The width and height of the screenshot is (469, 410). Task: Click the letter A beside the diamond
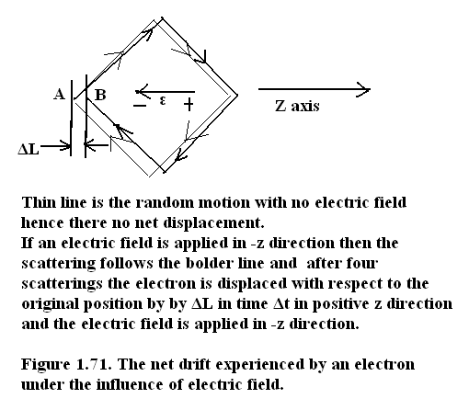coord(60,94)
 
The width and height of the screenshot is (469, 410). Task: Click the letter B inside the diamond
coord(100,95)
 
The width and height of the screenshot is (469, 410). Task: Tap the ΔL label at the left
coord(29,149)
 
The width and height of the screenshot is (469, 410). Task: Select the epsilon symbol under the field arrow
coord(163,100)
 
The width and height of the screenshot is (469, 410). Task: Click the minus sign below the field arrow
coord(140,106)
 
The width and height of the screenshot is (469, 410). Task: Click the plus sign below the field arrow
coord(189,104)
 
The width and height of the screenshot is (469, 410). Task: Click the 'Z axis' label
coord(297,107)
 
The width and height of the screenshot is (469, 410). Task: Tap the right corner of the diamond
coord(237,96)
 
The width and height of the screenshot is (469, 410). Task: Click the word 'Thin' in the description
coord(38,202)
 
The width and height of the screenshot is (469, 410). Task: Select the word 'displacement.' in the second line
coord(213,223)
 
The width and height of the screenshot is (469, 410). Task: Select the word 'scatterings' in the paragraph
coord(62,284)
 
